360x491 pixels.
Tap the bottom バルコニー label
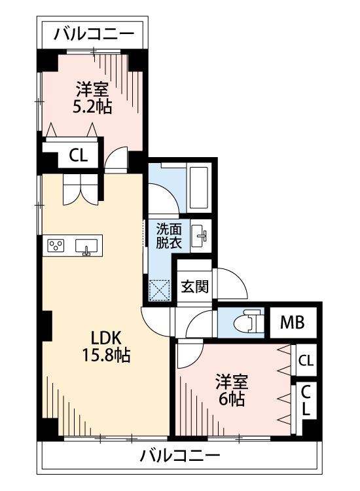180,456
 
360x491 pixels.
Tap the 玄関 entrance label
194,287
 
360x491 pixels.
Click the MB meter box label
292,323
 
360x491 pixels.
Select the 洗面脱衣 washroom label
168,235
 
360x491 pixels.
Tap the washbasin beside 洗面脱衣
201,236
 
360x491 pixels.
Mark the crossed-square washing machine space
160,289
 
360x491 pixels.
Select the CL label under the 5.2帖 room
78,156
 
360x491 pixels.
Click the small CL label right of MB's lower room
305,360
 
